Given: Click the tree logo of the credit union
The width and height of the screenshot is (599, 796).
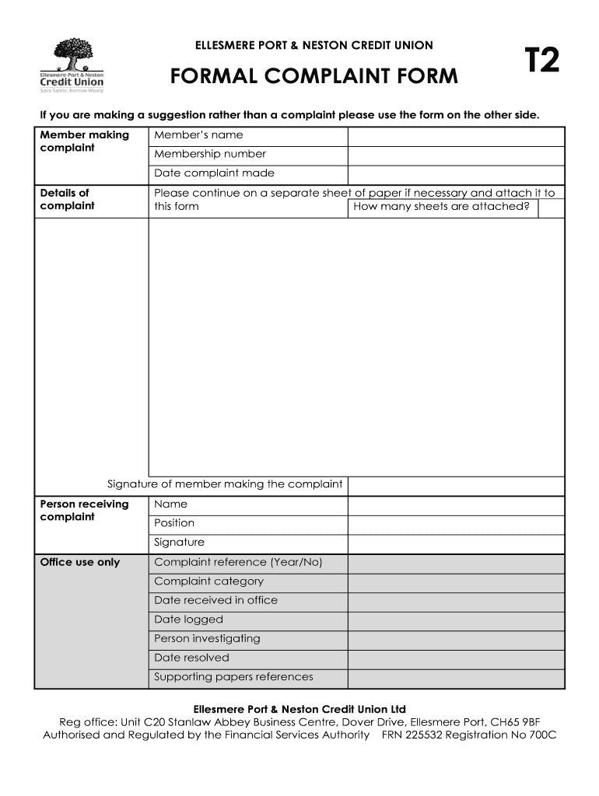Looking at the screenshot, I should click(x=72, y=57).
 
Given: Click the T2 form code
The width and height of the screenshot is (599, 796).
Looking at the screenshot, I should click(x=541, y=61).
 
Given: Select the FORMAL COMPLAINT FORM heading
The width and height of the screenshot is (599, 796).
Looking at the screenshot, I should click(x=314, y=77).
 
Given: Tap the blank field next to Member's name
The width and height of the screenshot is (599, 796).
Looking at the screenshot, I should click(x=455, y=135).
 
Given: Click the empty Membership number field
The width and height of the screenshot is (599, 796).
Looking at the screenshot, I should click(x=455, y=155).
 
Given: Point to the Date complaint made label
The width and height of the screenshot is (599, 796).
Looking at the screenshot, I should click(x=214, y=173).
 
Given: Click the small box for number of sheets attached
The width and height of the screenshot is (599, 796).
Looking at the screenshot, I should click(x=550, y=208).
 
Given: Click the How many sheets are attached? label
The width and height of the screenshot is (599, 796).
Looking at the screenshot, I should click(x=441, y=207).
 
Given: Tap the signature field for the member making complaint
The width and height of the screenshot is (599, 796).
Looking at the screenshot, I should click(x=455, y=485).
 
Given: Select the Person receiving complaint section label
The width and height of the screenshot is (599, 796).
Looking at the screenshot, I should click(x=84, y=510).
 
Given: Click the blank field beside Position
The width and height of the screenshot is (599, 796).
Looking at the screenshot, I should click(x=455, y=524).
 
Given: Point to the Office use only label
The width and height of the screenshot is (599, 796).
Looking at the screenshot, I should click(x=80, y=562).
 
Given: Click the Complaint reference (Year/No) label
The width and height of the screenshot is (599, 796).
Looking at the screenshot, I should click(x=238, y=562).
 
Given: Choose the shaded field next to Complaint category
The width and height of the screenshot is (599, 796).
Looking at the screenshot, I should click(x=455, y=581).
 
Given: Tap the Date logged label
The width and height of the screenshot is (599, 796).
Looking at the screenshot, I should click(x=188, y=620).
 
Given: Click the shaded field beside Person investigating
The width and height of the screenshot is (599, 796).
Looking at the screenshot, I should click(x=455, y=639).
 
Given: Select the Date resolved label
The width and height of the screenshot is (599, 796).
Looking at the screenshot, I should click(x=191, y=658).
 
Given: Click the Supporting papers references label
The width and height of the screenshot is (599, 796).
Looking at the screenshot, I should click(x=233, y=677).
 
